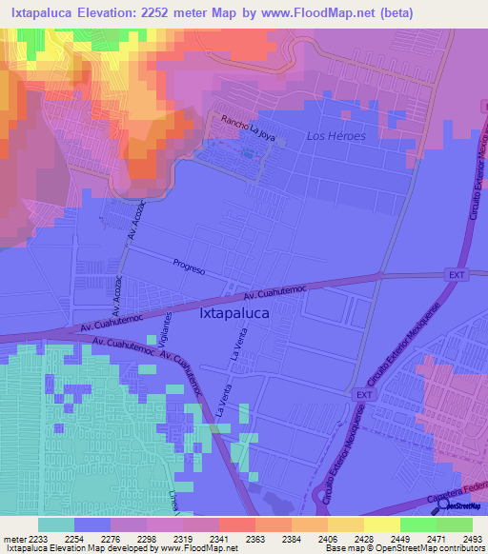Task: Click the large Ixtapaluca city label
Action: pos(234,312)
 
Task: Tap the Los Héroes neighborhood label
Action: pos(335,136)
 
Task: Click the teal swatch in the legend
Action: pos(56,524)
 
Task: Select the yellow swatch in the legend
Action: pos(382,524)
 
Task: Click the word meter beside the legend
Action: pos(12,539)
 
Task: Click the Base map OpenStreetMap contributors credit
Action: pos(404,548)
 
